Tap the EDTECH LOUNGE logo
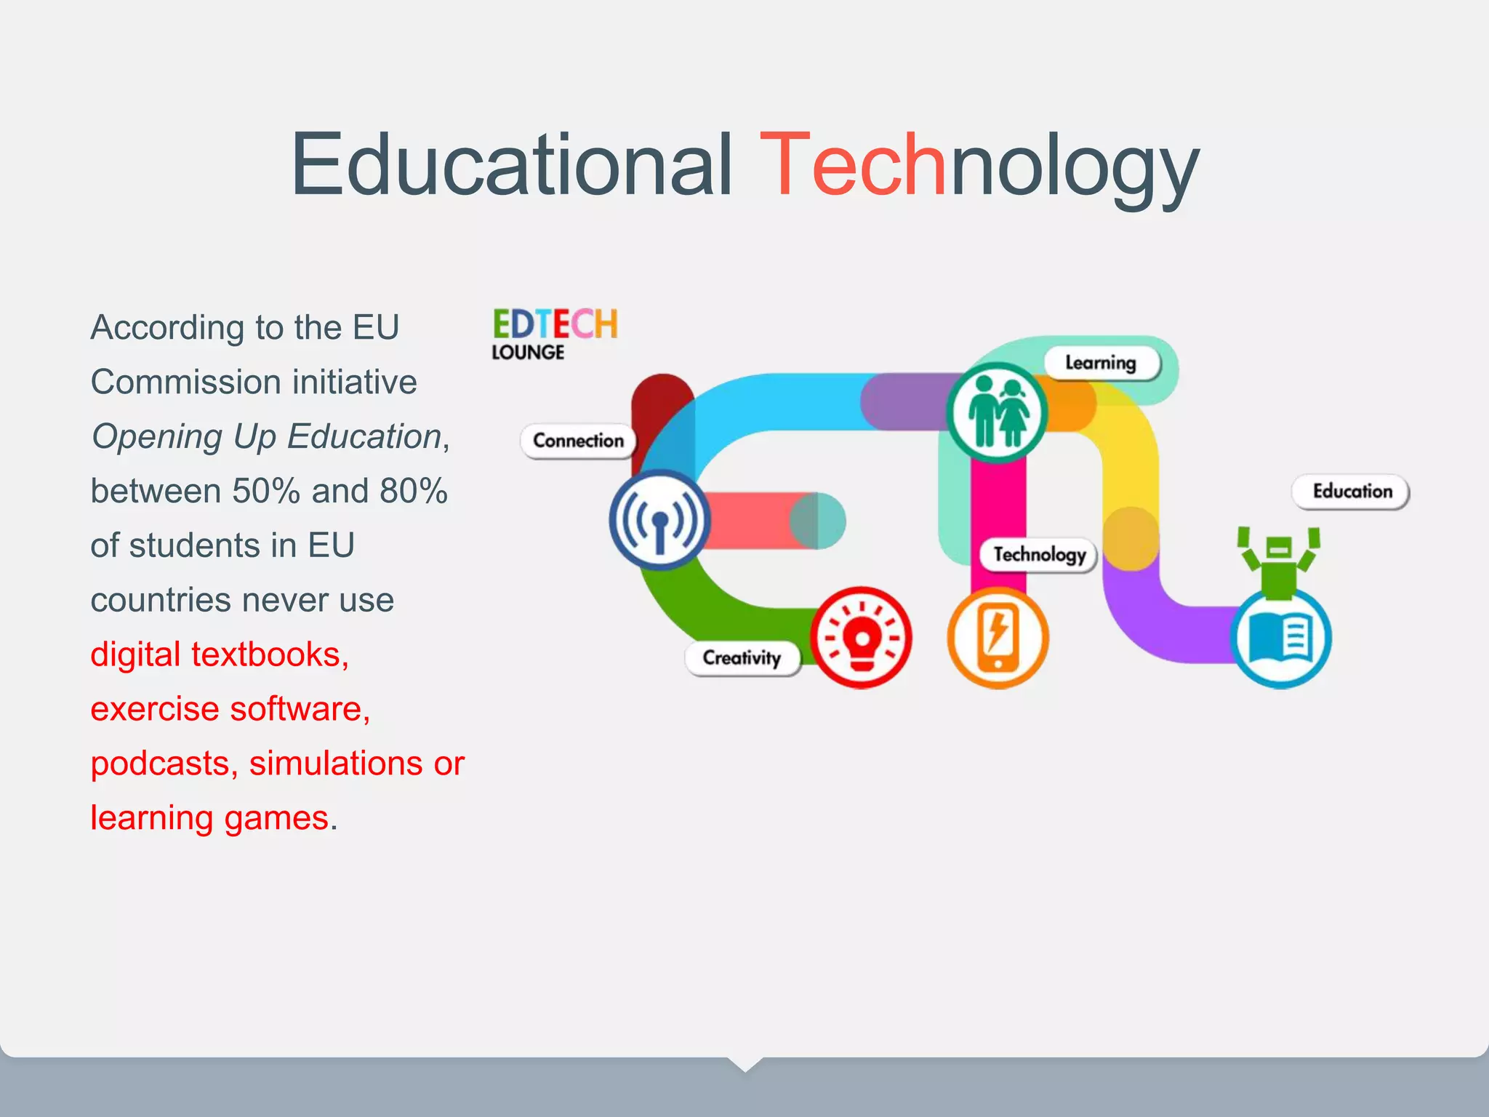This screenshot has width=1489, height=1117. point(555,334)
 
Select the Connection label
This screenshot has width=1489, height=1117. point(578,441)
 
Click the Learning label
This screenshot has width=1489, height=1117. point(1101,363)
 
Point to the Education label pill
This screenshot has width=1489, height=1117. point(1351,492)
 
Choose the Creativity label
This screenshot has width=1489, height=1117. point(742,658)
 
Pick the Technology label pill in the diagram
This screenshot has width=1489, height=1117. point(1039,555)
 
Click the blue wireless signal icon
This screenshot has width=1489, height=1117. point(659,520)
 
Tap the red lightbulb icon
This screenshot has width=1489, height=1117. point(861,638)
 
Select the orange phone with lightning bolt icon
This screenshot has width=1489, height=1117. point(998,638)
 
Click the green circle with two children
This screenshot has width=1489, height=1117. point(998,412)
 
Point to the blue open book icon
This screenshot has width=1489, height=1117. point(1280,638)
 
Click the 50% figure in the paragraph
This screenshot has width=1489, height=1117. point(266,491)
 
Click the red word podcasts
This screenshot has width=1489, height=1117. point(161,764)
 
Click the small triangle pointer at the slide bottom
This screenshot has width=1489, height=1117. point(744,1064)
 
